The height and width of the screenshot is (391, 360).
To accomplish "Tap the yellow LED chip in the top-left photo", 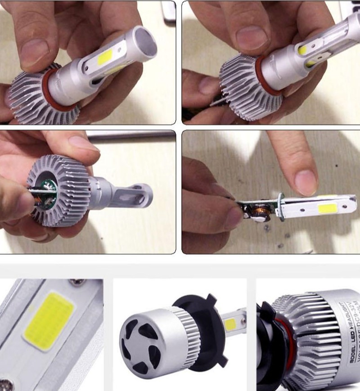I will pos(108,59).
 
